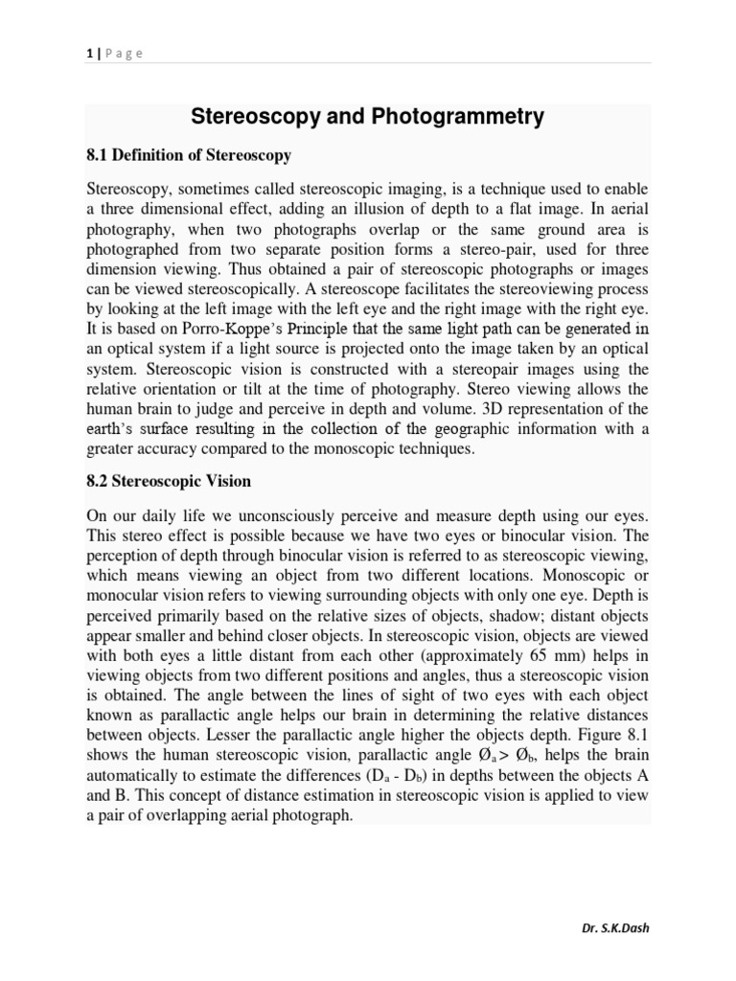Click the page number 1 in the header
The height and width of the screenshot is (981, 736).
(88, 54)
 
